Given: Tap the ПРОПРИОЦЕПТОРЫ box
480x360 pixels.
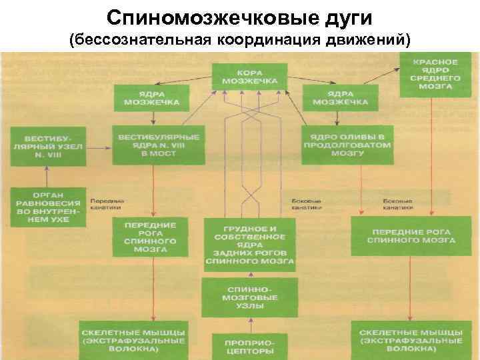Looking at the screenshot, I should click(x=249, y=345).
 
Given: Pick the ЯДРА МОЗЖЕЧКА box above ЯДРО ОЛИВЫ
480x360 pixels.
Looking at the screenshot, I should click(x=340, y=97).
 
